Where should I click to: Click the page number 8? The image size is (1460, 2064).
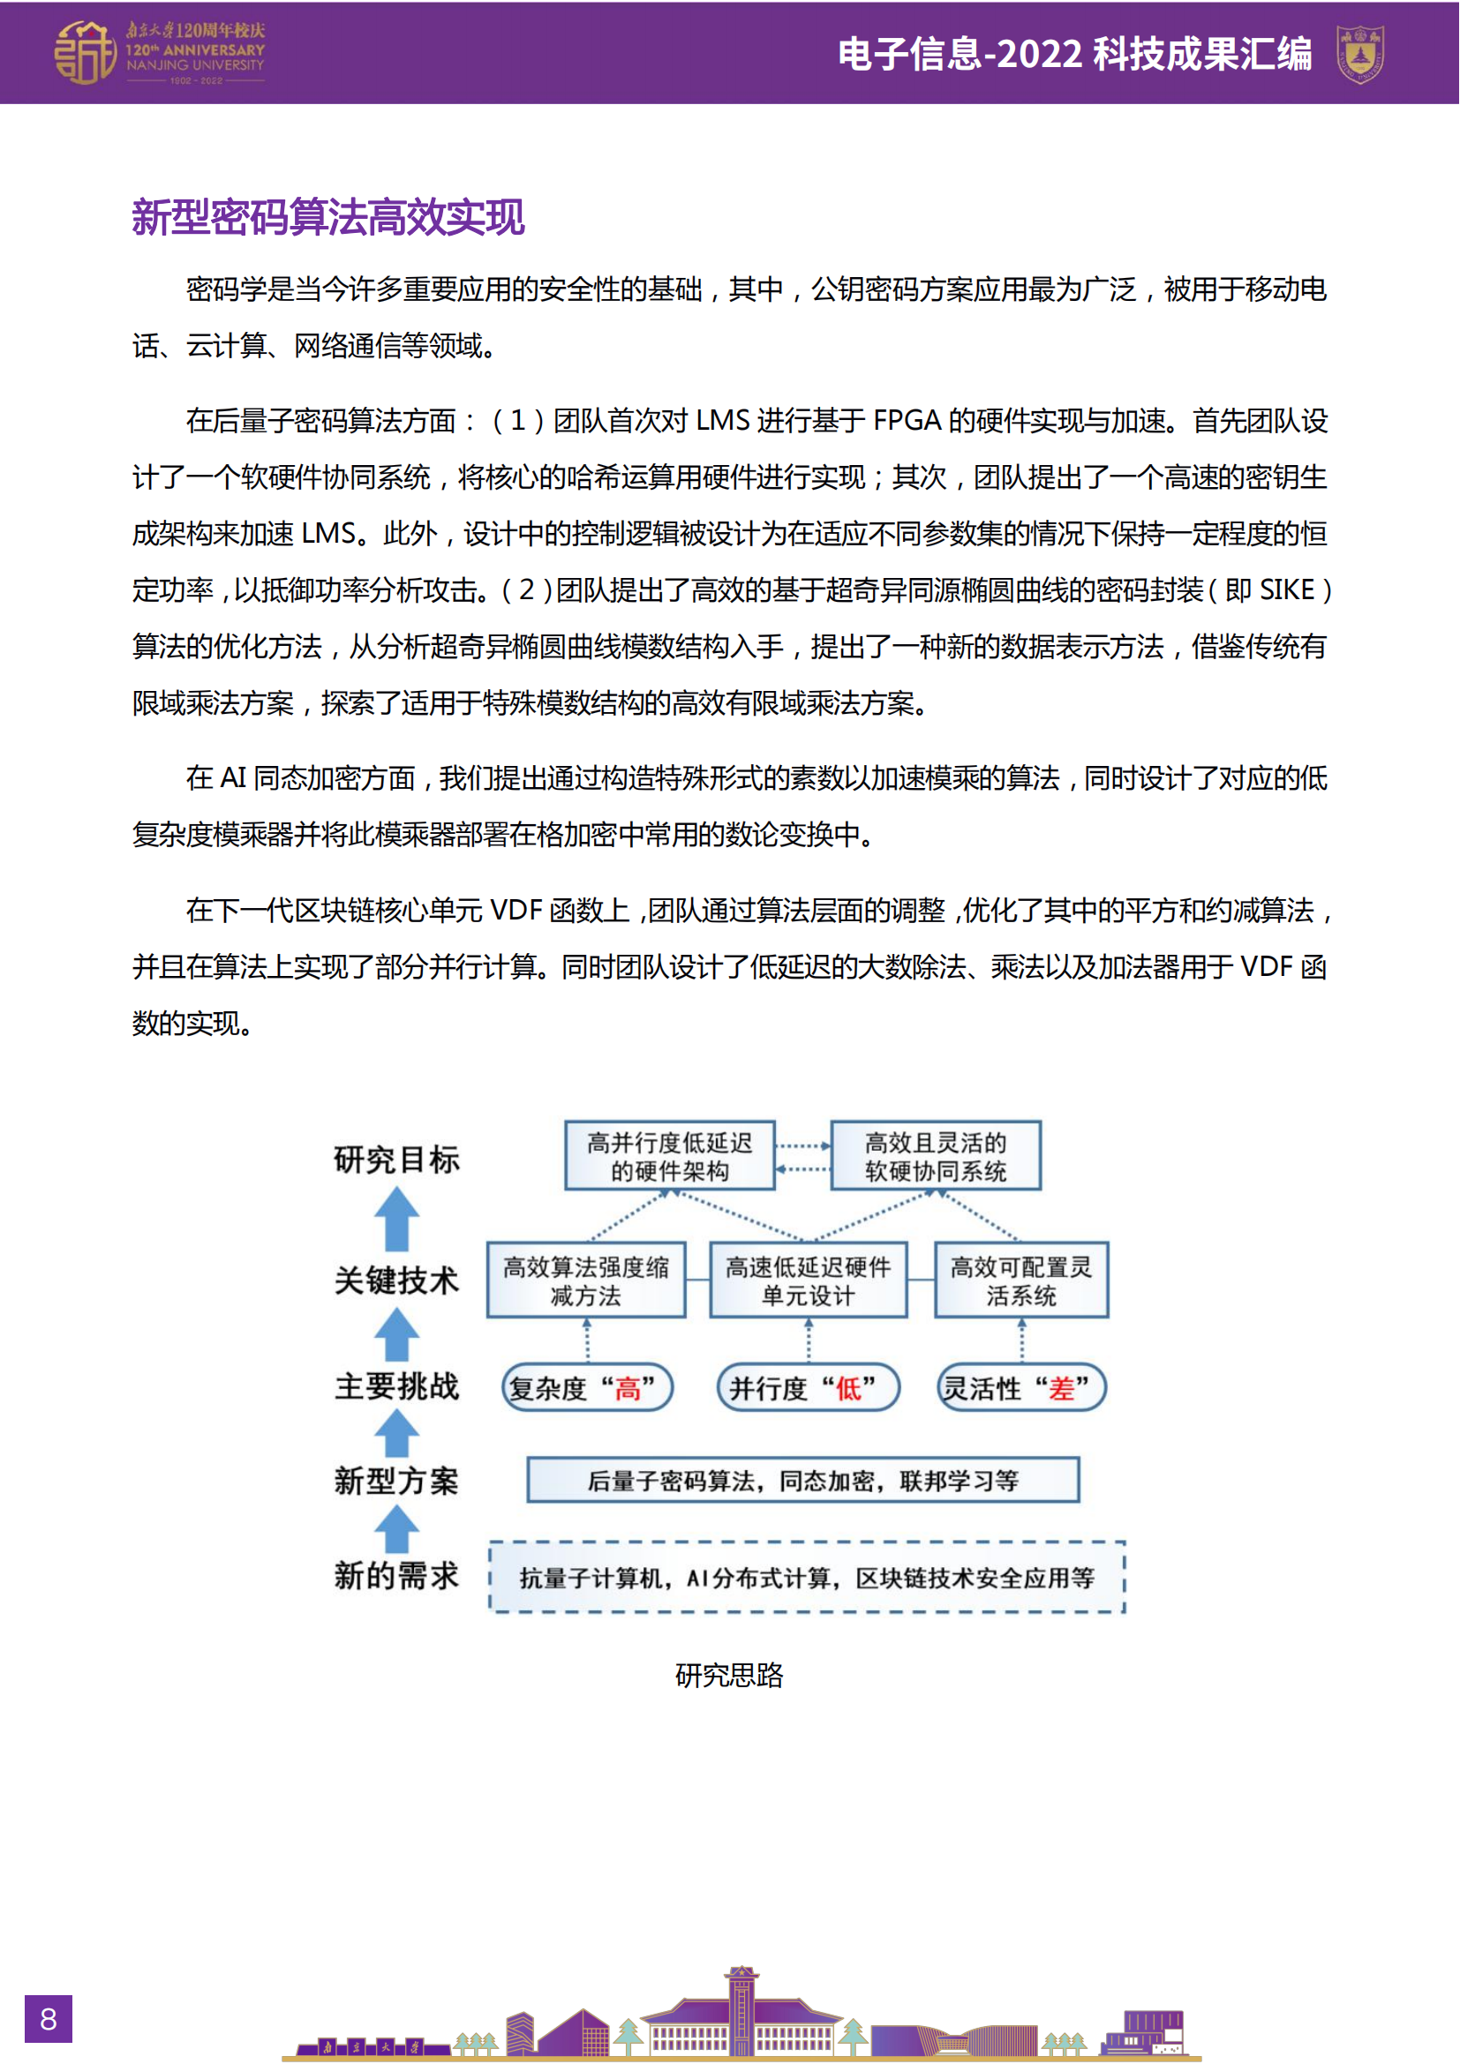point(48,2018)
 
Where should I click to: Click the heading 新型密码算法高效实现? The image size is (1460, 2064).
point(328,218)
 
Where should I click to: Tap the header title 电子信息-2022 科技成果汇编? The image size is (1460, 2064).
point(1074,54)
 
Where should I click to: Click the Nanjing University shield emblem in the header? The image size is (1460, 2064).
point(1359,53)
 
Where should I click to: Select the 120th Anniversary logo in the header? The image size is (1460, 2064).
point(160,53)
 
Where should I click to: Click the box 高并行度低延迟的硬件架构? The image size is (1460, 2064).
point(670,1156)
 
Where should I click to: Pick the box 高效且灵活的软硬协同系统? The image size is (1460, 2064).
point(935,1156)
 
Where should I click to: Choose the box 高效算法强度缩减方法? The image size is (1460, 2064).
point(586,1280)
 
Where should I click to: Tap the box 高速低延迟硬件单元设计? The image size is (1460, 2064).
point(809,1280)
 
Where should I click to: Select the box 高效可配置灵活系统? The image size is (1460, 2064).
point(1021,1280)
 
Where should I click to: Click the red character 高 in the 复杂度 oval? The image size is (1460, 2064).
point(628,1389)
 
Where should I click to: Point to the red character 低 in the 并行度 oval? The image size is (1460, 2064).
point(848,1389)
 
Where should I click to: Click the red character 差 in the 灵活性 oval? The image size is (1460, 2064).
point(1062,1389)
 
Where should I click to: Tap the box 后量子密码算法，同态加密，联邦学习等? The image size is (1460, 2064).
point(802,1480)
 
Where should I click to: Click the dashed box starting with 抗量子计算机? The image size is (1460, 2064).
point(807,1578)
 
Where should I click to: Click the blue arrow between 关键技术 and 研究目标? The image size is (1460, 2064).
point(396,1219)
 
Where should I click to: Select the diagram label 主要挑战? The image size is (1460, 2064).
point(396,1385)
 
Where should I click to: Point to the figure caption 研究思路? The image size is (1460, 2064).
point(729,1675)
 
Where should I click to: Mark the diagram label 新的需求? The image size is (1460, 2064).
point(396,1575)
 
